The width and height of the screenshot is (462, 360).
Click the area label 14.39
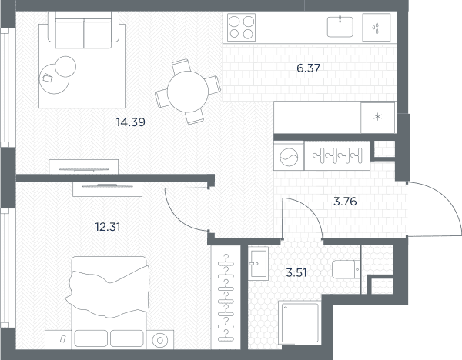click(131, 122)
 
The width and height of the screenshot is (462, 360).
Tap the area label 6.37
click(309, 68)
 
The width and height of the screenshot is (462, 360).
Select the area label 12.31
click(108, 227)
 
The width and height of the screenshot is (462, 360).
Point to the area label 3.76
click(345, 202)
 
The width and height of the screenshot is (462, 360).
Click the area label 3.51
click(296, 273)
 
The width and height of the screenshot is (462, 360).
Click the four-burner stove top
click(241, 28)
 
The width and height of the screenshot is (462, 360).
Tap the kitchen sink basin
click(340, 27)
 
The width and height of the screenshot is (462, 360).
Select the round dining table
click(188, 92)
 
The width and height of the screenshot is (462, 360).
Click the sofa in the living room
click(84, 30)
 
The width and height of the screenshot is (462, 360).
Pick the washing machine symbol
click(289, 156)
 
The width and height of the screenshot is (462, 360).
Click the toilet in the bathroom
click(346, 269)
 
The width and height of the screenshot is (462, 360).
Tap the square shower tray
click(300, 322)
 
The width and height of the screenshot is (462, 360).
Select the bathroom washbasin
click(258, 263)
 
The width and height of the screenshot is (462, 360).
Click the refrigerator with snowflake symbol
click(378, 117)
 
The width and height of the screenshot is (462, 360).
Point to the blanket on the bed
click(108, 292)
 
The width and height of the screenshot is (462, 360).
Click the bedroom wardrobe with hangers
click(226, 297)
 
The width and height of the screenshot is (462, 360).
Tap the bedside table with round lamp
click(160, 340)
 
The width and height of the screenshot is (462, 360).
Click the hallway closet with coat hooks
click(337, 155)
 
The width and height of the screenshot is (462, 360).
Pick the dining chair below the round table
click(195, 116)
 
